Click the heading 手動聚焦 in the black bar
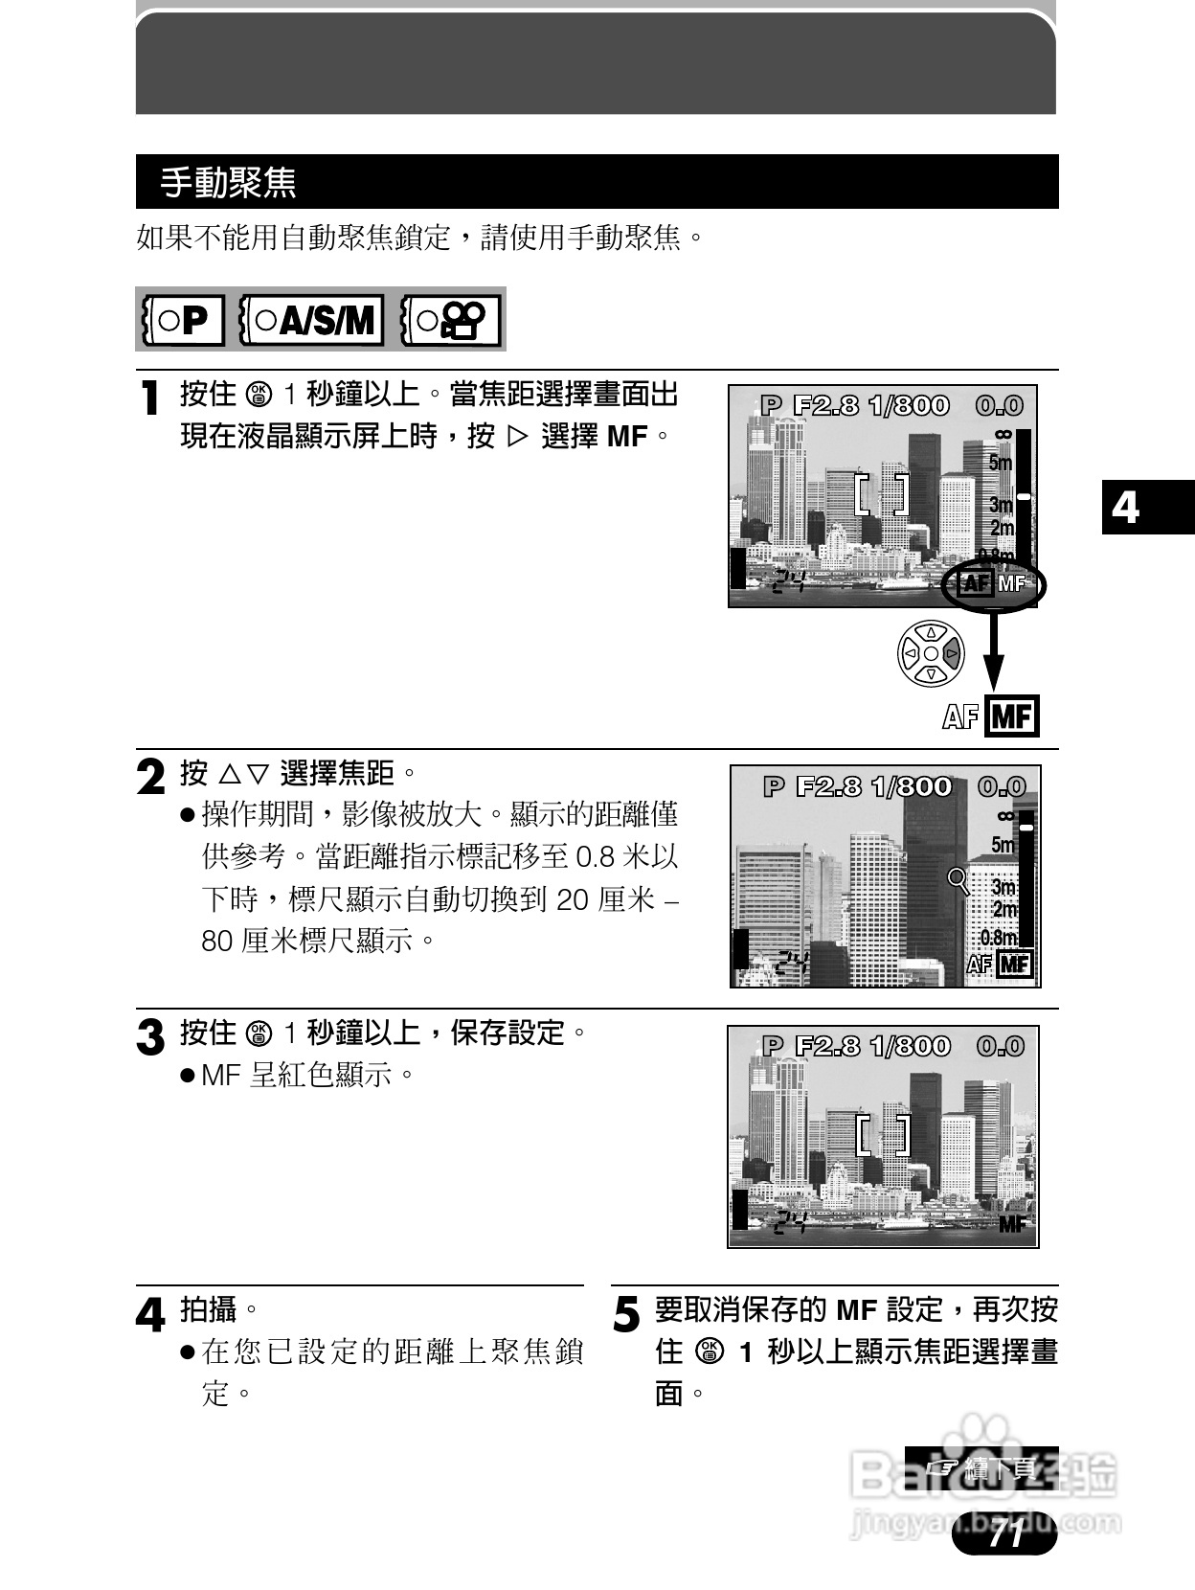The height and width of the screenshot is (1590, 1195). click(x=228, y=182)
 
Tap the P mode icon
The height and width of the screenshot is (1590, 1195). click(x=183, y=320)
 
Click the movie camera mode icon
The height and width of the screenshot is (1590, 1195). click(x=451, y=320)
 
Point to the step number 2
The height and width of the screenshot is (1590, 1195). click(x=150, y=777)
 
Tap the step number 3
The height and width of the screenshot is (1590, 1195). click(x=150, y=1037)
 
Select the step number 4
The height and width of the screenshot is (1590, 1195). click(x=150, y=1314)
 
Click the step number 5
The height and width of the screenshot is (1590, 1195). click(x=625, y=1314)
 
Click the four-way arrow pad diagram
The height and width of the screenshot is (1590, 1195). click(x=931, y=653)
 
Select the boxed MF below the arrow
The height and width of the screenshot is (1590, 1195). click(x=1012, y=716)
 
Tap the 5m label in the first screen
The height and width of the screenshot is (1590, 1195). click(x=1000, y=464)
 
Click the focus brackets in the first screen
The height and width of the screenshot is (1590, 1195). click(x=882, y=494)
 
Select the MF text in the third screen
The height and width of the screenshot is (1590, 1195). click(x=1012, y=1223)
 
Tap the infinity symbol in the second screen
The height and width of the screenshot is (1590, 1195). click(x=1004, y=816)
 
